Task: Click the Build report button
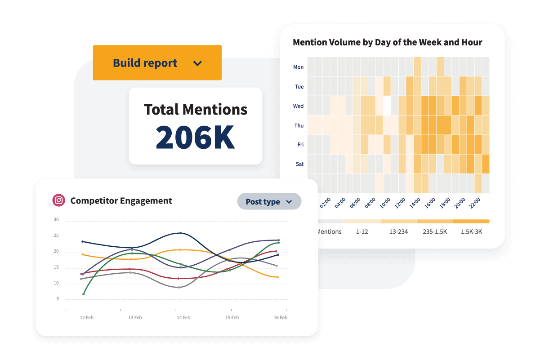coord(157,63)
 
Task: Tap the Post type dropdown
coord(269,202)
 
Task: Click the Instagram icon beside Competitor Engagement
coord(58,200)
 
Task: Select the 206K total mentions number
coord(195,137)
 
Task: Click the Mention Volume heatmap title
coord(387,43)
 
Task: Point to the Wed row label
coord(298,106)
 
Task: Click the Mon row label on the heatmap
coord(298,67)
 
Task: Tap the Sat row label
coord(299,164)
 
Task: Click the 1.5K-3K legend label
coord(472,232)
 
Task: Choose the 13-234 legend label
coord(398,232)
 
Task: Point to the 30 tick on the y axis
coord(56,220)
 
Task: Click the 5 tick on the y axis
coord(58,299)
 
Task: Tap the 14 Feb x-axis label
coord(183,317)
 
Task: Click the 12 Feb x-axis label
coord(86,317)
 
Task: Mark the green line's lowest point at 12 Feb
coord(84,294)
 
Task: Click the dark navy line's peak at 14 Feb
coord(180,233)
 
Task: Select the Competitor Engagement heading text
coord(121,201)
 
